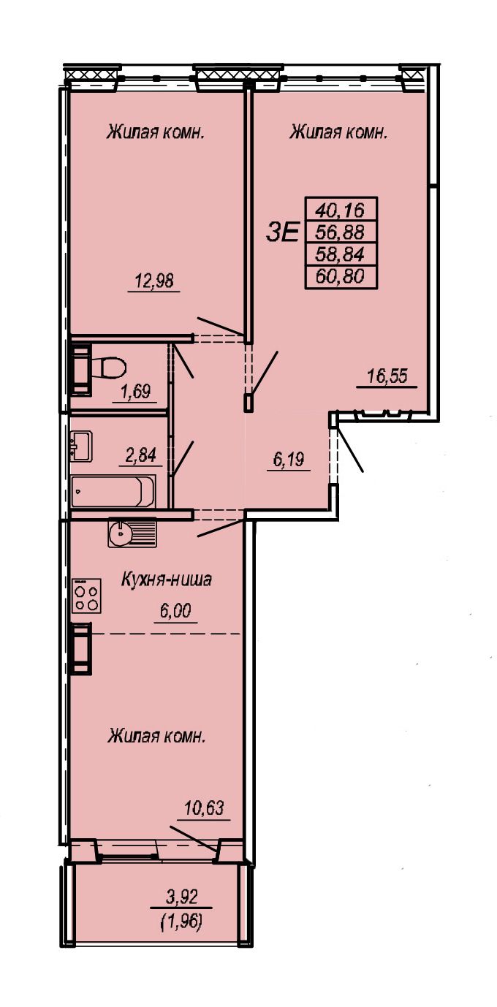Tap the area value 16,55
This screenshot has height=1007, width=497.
point(387,376)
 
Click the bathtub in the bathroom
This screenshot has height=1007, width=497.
point(113,491)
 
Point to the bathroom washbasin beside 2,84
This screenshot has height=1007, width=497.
point(81,446)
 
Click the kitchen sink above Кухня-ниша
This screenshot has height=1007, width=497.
point(132,532)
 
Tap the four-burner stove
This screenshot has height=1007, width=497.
point(87,596)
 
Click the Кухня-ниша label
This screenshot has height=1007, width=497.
point(167,580)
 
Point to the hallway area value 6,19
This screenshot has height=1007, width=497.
point(289,460)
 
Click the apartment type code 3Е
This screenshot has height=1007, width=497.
point(282,233)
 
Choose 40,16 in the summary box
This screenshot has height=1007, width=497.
point(340,210)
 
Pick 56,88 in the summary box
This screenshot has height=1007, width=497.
point(340,232)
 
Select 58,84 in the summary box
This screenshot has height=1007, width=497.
point(340,254)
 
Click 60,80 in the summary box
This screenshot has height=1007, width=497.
point(340,276)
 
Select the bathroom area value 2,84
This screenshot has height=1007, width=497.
point(140,455)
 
